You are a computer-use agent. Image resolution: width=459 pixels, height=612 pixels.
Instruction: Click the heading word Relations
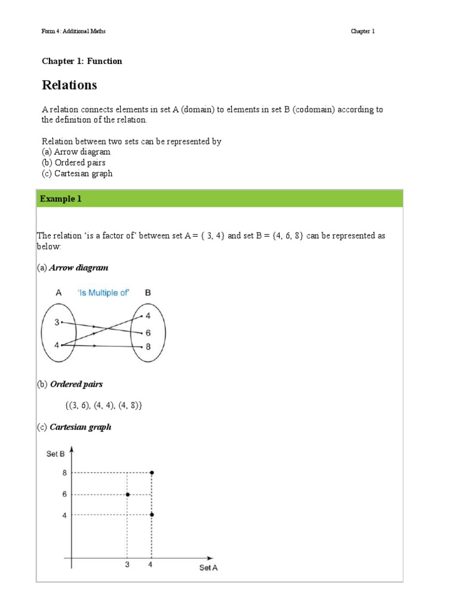point(69,85)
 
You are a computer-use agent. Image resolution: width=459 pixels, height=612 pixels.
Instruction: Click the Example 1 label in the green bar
point(60,199)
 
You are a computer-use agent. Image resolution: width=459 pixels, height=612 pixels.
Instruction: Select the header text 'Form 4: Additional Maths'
point(74,31)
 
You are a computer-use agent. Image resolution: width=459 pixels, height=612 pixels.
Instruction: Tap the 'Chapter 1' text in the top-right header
point(362,31)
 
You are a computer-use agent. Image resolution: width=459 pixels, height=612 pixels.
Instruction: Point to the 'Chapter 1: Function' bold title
point(82,61)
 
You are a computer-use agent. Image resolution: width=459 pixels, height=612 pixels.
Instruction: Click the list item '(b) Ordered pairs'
point(74,163)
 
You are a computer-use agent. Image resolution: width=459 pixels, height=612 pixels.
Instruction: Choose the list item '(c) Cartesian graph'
point(77,173)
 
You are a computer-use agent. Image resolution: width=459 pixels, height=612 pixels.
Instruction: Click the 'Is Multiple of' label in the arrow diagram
point(103,293)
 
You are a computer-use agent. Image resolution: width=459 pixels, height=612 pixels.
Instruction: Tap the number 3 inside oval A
point(57,323)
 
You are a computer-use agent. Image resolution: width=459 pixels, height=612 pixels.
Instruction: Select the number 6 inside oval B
point(148,332)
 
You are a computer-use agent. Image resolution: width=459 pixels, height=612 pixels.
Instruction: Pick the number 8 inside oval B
point(148,347)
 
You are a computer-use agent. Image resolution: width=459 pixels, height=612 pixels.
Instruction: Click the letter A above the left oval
point(59,293)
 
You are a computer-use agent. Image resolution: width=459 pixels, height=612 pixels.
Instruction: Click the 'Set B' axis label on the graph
point(56,454)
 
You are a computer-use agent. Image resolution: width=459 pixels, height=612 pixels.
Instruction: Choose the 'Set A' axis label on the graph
point(209,568)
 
